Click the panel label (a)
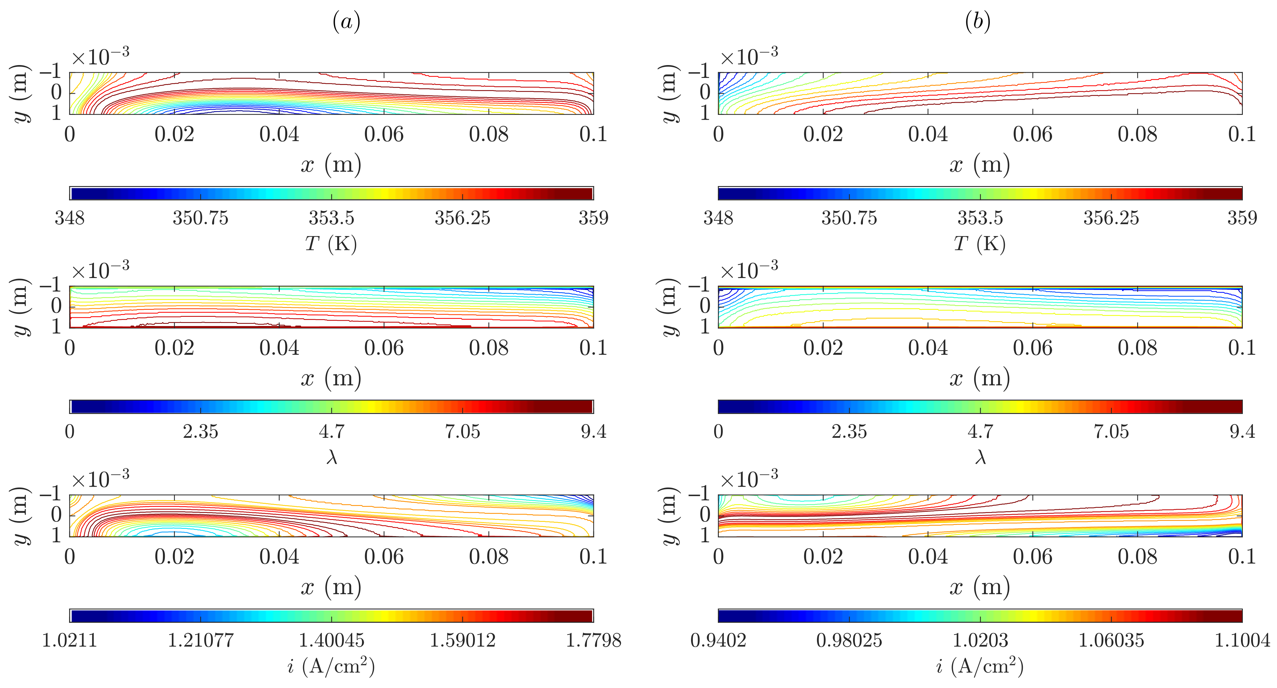[x=346, y=22]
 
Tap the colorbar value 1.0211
[x=69, y=640]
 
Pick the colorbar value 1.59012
[x=462, y=640]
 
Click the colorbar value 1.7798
[x=593, y=640]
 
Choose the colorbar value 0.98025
[x=849, y=640]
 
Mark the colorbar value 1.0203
[x=980, y=640]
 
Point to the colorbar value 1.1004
[x=1242, y=640]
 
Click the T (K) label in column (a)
[x=331, y=243]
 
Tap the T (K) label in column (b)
[x=979, y=243]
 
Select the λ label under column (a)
[x=332, y=457]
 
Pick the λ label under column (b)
[x=980, y=457]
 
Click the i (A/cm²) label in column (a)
[x=331, y=666]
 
